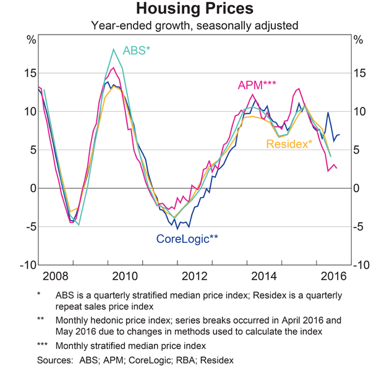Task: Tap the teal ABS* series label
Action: (x=137, y=50)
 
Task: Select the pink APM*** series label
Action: (x=255, y=85)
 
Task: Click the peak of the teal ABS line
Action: (x=114, y=49)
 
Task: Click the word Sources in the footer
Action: (x=54, y=358)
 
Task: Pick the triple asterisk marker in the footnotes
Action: (x=43, y=345)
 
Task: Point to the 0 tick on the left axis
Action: (x=32, y=188)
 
